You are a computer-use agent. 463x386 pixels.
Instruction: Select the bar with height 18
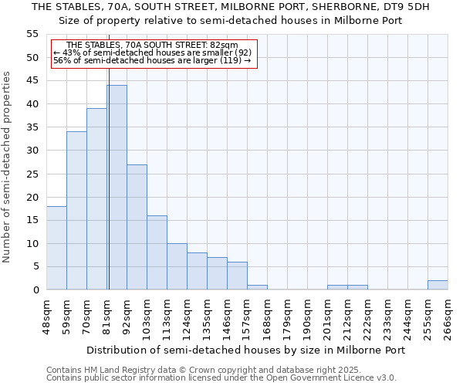click(56, 248)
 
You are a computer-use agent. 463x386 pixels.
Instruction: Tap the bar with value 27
click(137, 227)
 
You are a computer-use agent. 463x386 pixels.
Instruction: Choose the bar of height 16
click(157, 252)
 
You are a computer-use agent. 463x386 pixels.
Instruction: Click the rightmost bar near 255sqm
click(438, 285)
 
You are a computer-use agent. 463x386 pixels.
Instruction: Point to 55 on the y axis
click(32, 34)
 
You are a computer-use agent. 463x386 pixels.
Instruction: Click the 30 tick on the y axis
click(32, 151)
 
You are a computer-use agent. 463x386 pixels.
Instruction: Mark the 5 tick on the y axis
click(35, 266)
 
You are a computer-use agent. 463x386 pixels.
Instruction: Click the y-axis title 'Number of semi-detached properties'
click(8, 167)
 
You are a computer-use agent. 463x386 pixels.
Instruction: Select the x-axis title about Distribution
click(245, 350)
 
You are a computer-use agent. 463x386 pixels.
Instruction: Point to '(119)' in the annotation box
click(231, 61)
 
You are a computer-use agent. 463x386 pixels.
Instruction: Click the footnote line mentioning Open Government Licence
click(221, 378)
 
